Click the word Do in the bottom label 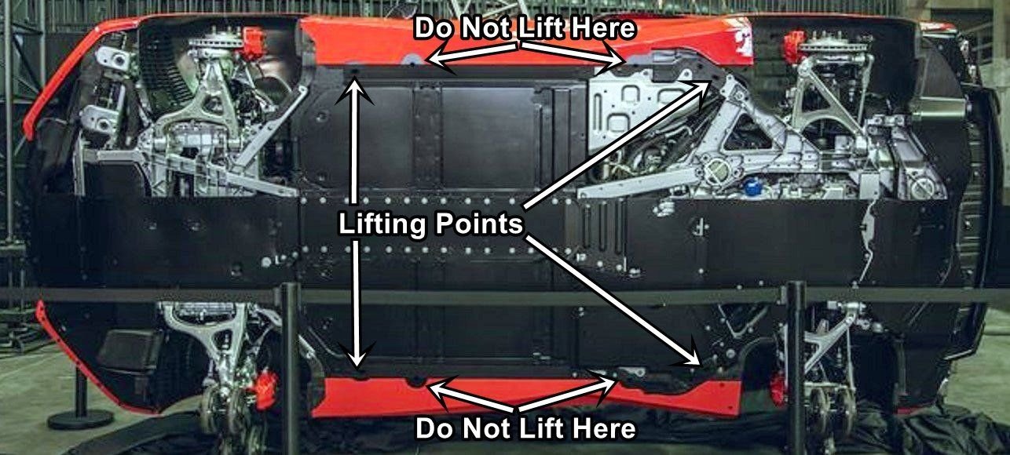[433, 429]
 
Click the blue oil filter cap [753, 188]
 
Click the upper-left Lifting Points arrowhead [357, 85]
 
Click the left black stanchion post [290, 361]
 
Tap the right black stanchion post [795, 361]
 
